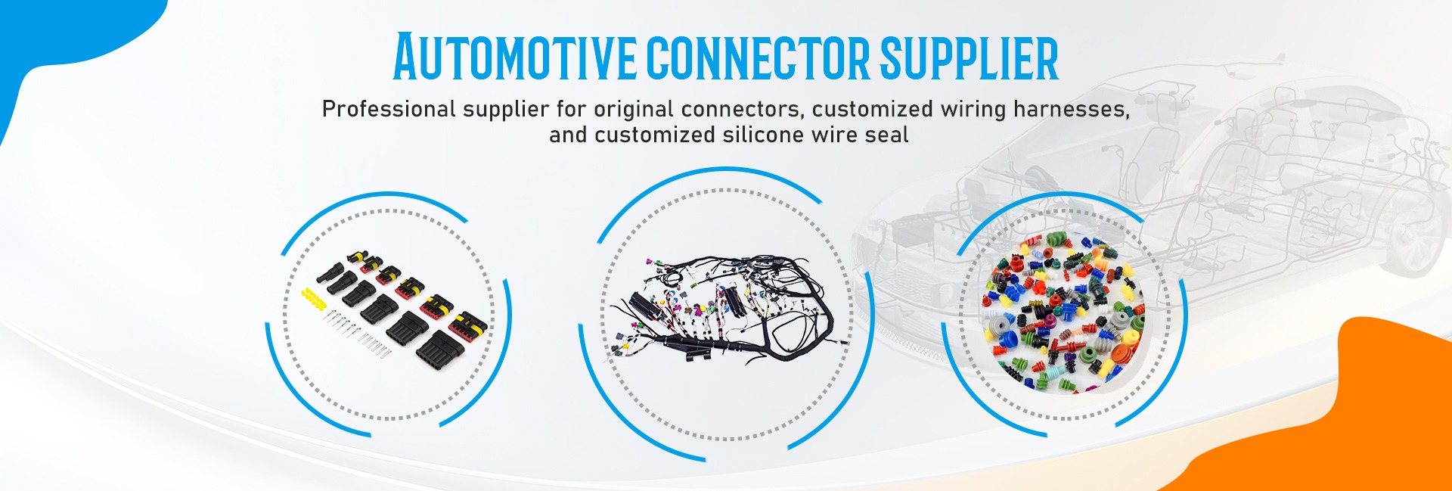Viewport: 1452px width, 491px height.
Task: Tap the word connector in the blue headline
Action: pyautogui.click(x=759, y=57)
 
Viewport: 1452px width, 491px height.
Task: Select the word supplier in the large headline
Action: pyautogui.click(x=969, y=57)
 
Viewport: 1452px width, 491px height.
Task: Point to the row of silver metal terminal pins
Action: pyautogui.click(x=355, y=334)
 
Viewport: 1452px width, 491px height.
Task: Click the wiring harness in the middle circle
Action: pyautogui.click(x=726, y=310)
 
